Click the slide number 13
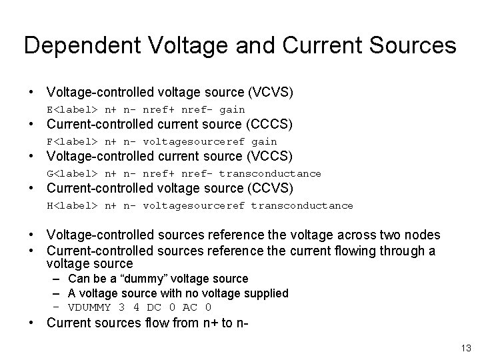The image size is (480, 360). (x=465, y=347)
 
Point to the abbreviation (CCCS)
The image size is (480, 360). (x=270, y=124)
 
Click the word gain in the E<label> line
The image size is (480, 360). (x=232, y=109)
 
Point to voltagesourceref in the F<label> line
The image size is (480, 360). (x=194, y=141)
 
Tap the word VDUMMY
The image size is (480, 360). (x=87, y=307)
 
